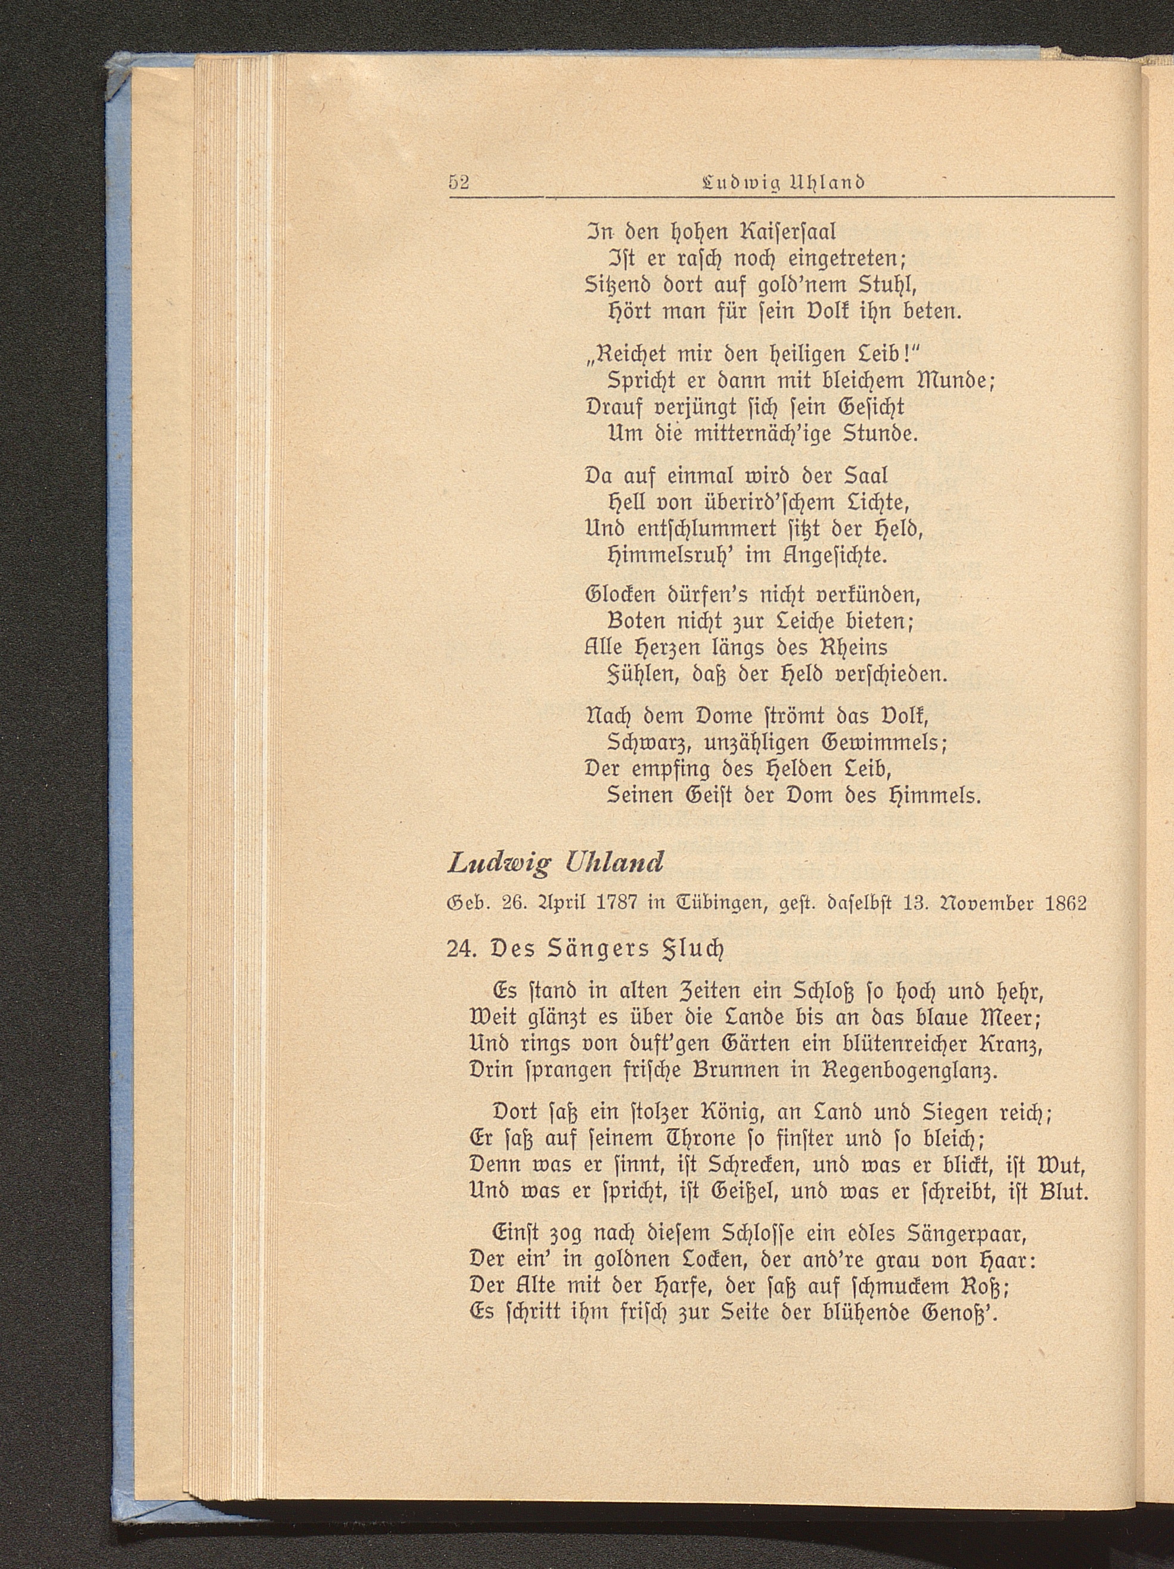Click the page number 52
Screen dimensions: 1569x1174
[459, 183]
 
